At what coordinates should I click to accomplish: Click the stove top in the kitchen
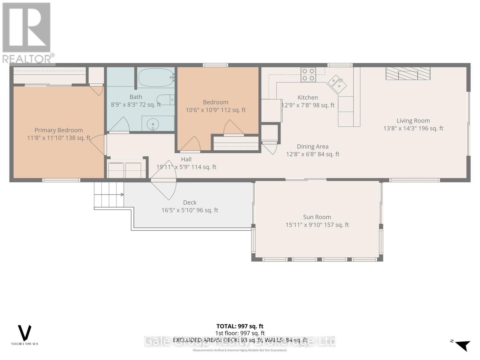click(x=308, y=75)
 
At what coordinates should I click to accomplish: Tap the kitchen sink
click(x=337, y=84)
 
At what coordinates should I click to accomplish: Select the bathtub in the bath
click(x=155, y=77)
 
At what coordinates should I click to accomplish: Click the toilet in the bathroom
click(x=165, y=100)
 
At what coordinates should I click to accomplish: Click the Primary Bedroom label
click(x=58, y=130)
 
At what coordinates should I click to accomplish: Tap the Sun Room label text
click(x=317, y=217)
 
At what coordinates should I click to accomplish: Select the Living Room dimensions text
click(x=413, y=128)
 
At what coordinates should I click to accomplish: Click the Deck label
click(x=190, y=203)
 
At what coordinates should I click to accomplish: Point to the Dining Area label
click(x=313, y=147)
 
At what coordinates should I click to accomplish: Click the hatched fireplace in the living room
click(x=408, y=73)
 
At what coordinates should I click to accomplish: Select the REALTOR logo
click(x=27, y=33)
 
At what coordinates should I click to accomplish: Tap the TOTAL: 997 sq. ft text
click(x=240, y=326)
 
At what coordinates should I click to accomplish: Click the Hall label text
click(x=186, y=160)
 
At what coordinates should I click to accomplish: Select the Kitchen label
click(x=307, y=97)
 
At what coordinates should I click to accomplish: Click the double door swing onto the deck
click(x=163, y=180)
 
